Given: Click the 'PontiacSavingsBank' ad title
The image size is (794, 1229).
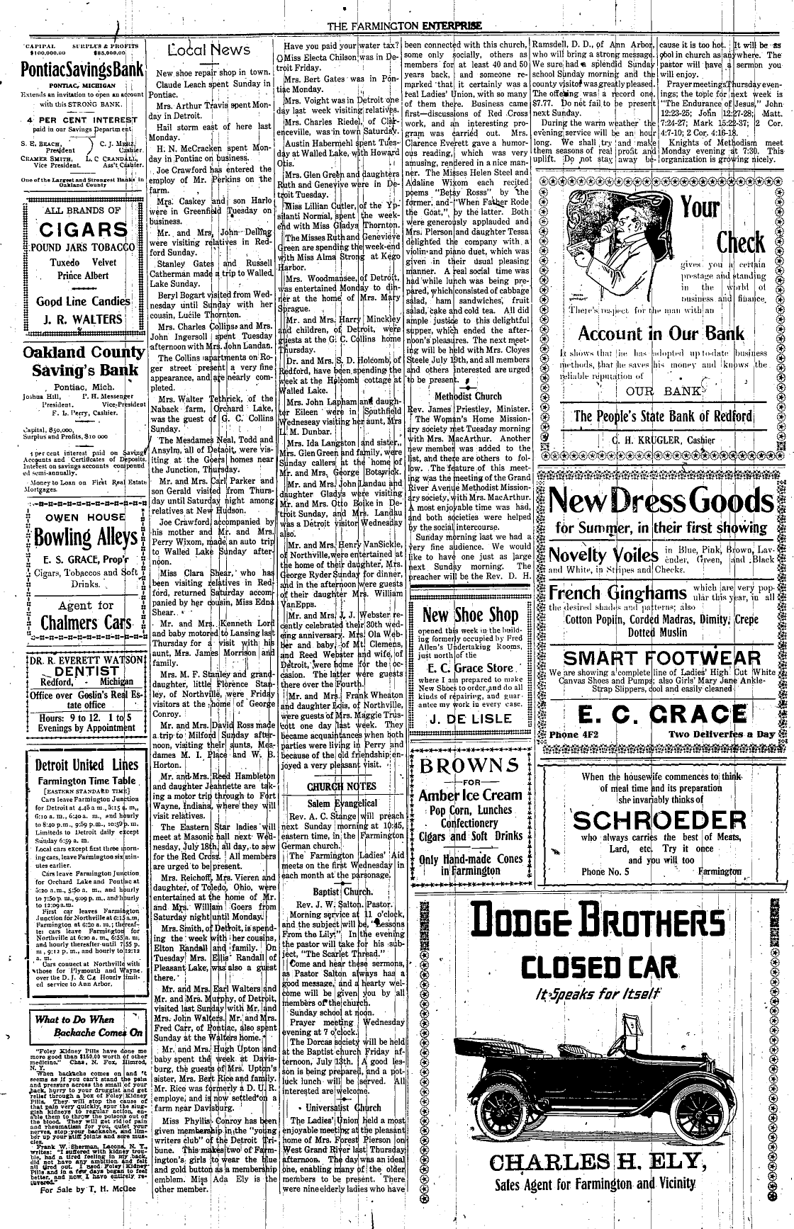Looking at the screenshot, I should click(84, 71).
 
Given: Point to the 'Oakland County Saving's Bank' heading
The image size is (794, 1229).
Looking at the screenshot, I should click(84, 361).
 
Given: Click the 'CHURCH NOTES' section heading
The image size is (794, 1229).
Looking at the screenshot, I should click(341, 786).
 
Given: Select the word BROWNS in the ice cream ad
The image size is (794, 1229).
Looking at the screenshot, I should click(469, 766).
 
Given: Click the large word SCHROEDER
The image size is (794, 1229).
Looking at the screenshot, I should click(660, 820).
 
